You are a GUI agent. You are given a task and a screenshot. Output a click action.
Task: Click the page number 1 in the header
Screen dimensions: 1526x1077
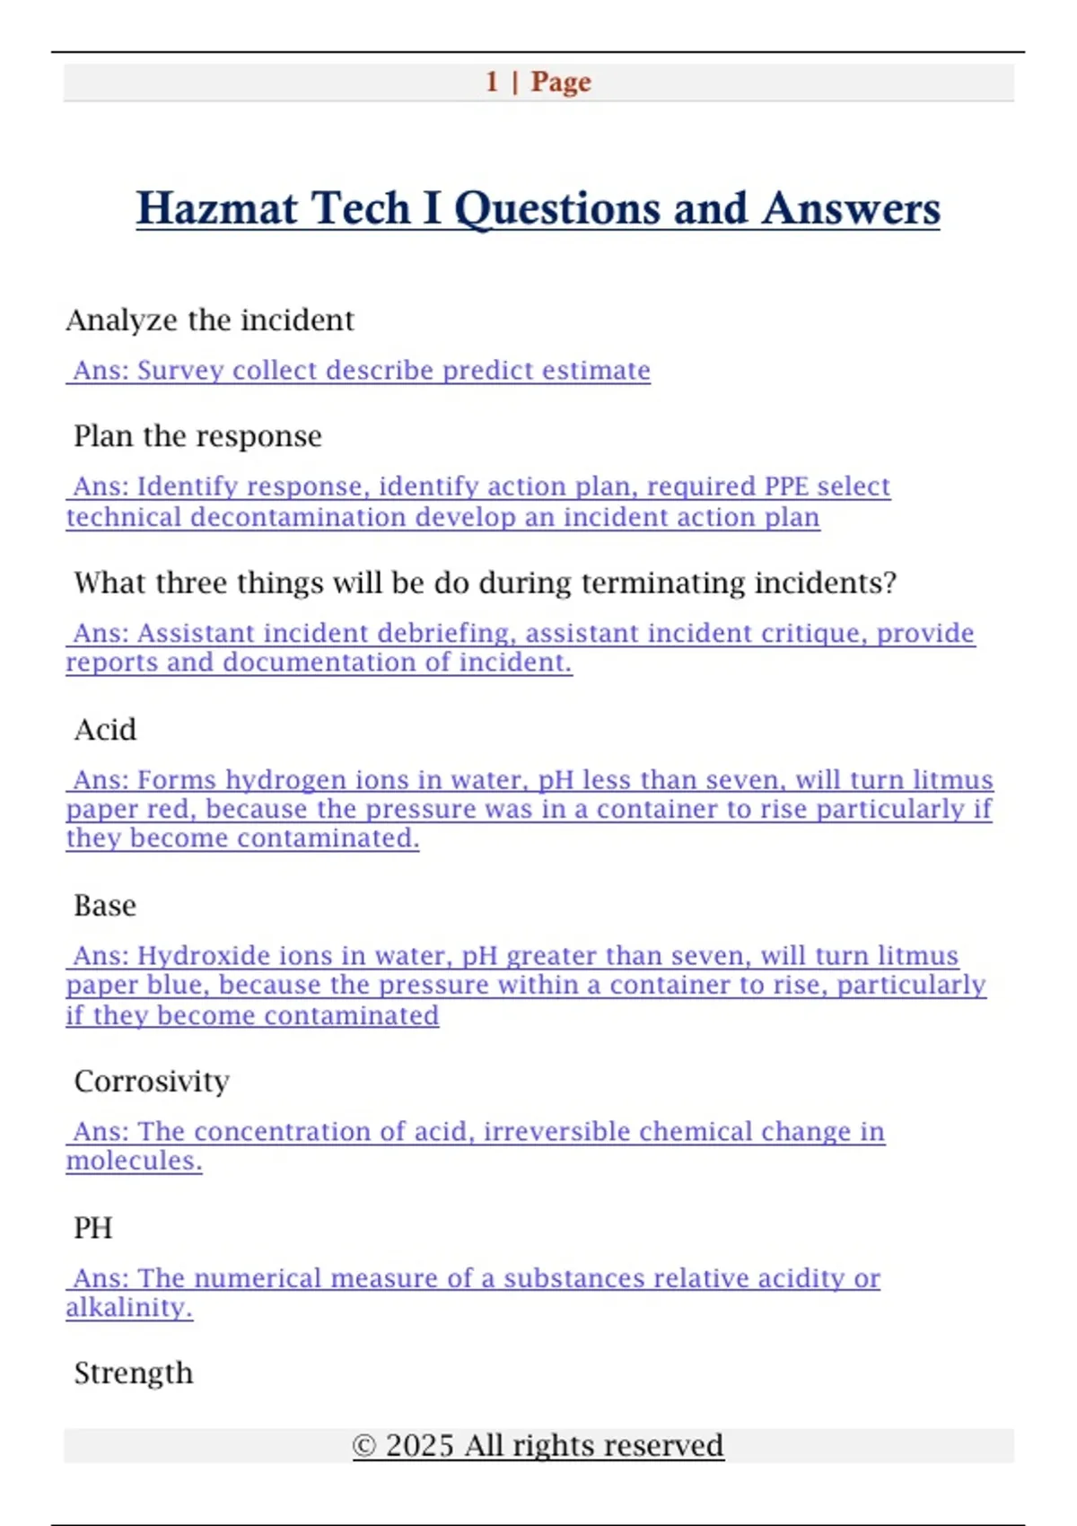[x=492, y=82]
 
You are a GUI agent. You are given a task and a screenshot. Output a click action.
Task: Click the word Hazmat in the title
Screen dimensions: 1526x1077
[x=216, y=208]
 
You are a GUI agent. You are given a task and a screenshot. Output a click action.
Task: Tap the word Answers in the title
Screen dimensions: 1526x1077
[x=851, y=208]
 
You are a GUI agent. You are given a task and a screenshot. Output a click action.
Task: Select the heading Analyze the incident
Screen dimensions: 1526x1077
[x=210, y=320]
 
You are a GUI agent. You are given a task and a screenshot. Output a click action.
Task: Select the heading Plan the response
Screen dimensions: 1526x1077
[x=197, y=436]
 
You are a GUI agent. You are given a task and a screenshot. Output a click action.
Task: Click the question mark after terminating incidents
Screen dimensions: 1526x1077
[x=889, y=583]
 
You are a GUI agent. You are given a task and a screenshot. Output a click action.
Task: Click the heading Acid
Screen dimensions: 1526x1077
[x=105, y=730]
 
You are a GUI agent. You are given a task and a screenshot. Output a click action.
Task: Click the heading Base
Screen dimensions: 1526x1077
[x=105, y=906]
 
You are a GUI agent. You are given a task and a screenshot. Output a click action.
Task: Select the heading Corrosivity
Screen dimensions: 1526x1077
[x=152, y=1082]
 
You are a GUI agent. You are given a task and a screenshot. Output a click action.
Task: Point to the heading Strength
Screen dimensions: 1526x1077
[x=134, y=1373]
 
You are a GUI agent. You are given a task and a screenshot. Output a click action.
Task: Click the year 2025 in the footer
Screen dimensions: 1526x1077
[x=419, y=1446]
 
